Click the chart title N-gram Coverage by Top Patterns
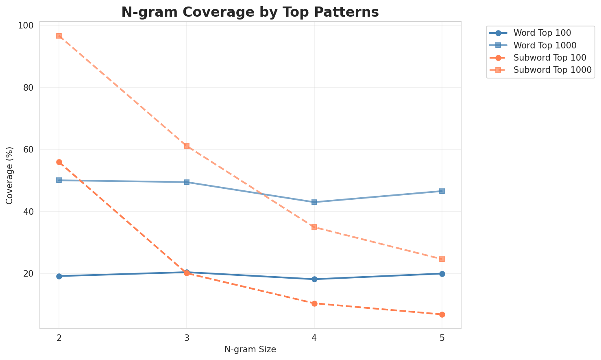click(250, 12)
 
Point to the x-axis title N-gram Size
click(250, 349)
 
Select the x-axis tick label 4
click(314, 338)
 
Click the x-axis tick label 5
click(442, 338)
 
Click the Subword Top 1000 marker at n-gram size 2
click(59, 36)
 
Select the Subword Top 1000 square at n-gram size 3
click(187, 146)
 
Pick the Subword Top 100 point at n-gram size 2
click(59, 162)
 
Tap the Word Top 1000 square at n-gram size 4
click(314, 202)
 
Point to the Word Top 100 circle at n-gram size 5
click(442, 274)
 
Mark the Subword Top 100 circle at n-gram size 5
click(442, 314)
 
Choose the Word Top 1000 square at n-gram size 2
click(59, 180)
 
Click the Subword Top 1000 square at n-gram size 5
click(442, 259)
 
